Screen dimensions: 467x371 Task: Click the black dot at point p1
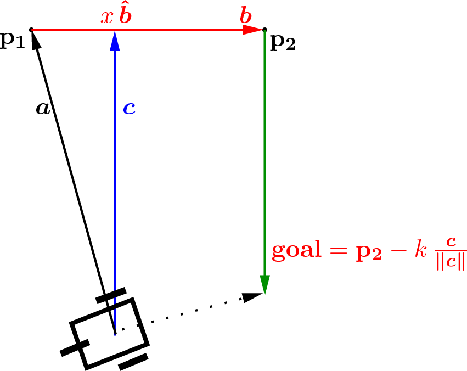tap(31, 30)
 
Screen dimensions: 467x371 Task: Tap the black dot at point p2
tap(265, 30)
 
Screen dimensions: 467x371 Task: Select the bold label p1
tap(12, 40)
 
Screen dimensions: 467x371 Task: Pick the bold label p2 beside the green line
tap(283, 43)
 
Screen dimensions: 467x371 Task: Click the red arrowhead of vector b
tap(253, 30)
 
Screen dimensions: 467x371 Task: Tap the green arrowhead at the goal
tap(265, 285)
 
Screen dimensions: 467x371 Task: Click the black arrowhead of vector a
tap(36, 40)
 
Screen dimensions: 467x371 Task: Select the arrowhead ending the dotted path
tap(252, 297)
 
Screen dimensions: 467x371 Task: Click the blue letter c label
tap(130, 108)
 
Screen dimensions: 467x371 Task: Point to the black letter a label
tap(43, 108)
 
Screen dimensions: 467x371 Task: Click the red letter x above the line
tap(107, 17)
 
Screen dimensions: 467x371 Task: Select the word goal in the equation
tap(297, 250)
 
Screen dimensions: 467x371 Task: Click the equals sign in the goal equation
tap(339, 250)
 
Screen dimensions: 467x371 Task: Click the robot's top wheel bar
tap(111, 295)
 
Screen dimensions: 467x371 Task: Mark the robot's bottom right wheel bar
tap(133, 362)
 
